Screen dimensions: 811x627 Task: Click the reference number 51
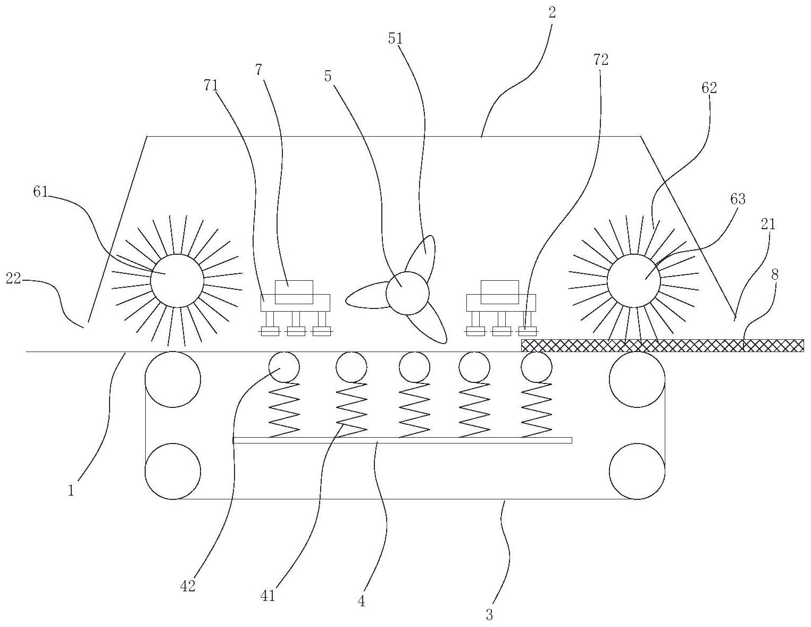click(396, 39)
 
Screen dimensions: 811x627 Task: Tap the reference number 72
click(600, 60)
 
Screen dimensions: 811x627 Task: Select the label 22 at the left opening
click(13, 279)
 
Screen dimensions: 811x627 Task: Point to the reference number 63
click(738, 199)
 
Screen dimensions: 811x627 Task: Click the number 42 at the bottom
click(188, 586)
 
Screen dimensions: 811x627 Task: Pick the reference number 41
click(267, 596)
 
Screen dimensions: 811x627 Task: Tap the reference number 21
click(768, 224)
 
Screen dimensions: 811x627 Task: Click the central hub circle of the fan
click(407, 293)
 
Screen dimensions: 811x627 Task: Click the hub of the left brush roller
click(177, 281)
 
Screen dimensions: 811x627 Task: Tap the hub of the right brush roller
click(634, 281)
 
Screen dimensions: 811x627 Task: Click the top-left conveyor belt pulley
click(173, 380)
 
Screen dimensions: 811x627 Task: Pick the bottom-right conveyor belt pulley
click(637, 471)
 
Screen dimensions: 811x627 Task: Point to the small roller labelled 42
click(284, 367)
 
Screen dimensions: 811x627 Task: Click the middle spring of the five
click(414, 409)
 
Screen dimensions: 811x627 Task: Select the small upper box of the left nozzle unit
click(294, 292)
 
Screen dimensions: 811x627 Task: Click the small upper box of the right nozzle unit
click(500, 292)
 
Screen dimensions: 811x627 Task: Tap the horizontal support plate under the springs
click(403, 440)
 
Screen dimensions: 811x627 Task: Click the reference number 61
click(40, 192)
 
